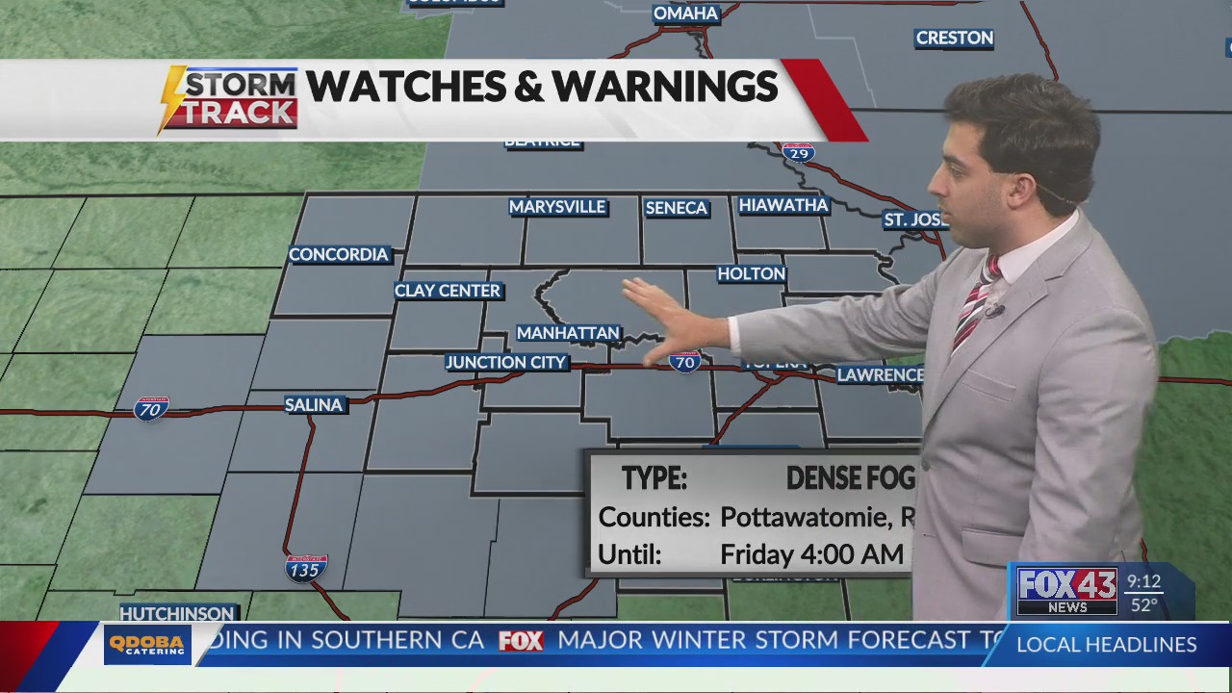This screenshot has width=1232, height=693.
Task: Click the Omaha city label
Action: click(685, 13)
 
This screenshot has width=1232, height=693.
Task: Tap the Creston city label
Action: click(954, 38)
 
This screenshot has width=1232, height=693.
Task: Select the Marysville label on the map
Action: click(557, 207)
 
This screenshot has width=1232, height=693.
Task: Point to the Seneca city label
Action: click(676, 208)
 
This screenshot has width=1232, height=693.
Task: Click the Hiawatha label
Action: click(783, 205)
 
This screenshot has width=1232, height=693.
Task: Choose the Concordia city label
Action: click(339, 255)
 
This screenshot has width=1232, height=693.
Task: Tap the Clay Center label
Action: click(448, 291)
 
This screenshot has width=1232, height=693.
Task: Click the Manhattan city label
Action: click(568, 333)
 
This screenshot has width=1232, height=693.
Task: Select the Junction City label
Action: click(506, 363)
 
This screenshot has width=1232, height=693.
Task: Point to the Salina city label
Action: click(314, 405)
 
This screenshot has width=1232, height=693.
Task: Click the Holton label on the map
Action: click(752, 274)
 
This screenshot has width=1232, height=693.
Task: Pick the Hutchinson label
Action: click(177, 613)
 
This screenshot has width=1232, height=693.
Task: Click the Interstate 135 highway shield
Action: click(305, 568)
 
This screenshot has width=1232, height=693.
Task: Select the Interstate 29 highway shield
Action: click(798, 152)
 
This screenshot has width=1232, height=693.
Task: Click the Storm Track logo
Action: click(229, 99)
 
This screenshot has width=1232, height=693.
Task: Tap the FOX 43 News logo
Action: click(1066, 591)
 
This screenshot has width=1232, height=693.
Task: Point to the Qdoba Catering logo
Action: click(147, 645)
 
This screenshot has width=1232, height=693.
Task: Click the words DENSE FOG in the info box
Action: click(850, 478)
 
